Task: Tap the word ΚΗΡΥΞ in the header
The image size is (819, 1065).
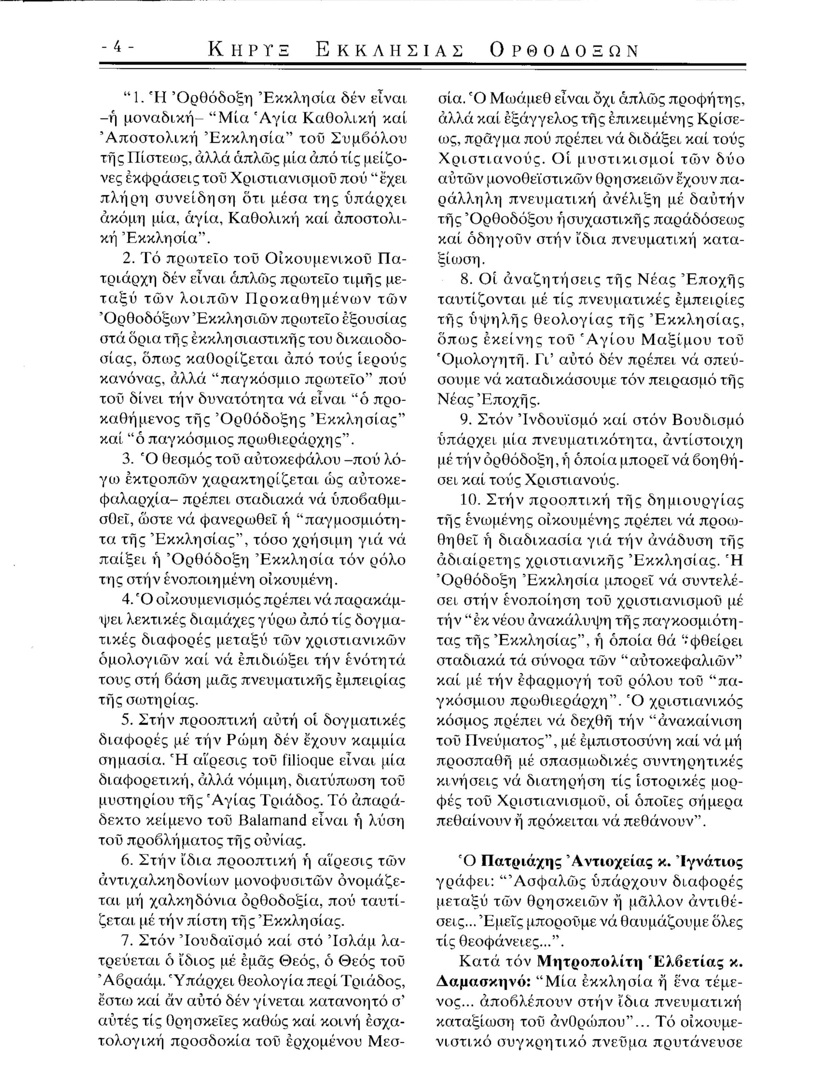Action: (249, 51)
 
